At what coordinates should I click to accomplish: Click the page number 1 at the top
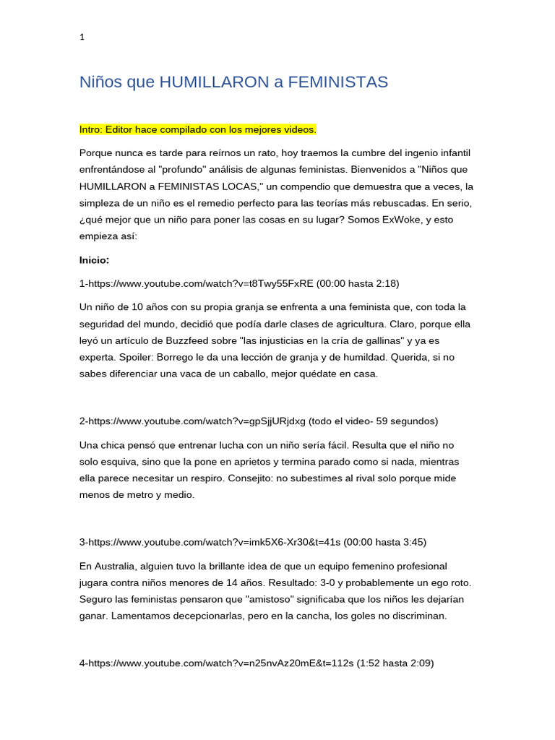point(82,38)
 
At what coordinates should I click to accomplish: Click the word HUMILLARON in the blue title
point(214,82)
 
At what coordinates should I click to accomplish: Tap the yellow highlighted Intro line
point(197,129)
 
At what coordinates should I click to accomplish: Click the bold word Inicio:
point(94,259)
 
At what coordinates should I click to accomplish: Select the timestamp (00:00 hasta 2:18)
point(358,283)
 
